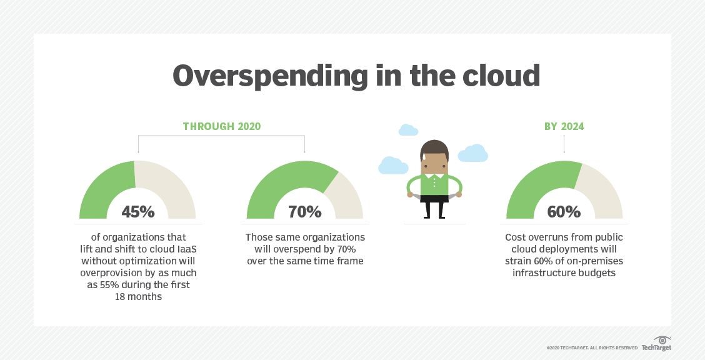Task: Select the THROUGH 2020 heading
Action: coord(222,126)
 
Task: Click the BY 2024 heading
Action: coord(564,126)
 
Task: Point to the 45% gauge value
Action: coord(138,211)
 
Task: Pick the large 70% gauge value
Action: coord(305,211)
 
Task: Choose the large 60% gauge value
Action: coord(564,211)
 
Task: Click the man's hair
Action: coord(434,149)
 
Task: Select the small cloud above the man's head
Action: coord(408,130)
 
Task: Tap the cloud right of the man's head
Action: coord(472,154)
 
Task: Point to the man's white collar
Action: coord(434,176)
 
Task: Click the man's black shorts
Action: coord(434,198)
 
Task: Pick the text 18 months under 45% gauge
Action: coord(138,297)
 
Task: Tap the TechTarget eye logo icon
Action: coord(662,340)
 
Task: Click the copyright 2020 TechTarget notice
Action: coord(592,348)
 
